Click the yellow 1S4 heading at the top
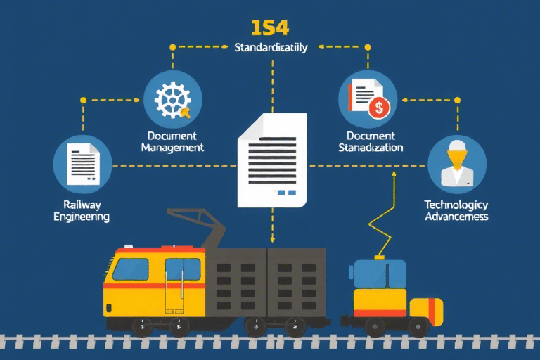click(270, 28)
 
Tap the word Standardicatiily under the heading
click(270, 48)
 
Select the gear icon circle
click(173, 98)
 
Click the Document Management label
click(172, 141)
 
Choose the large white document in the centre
click(272, 160)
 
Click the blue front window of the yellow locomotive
click(131, 269)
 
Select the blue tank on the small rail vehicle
click(379, 274)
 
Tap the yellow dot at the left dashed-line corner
click(83, 101)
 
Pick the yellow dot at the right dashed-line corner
click(457, 101)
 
